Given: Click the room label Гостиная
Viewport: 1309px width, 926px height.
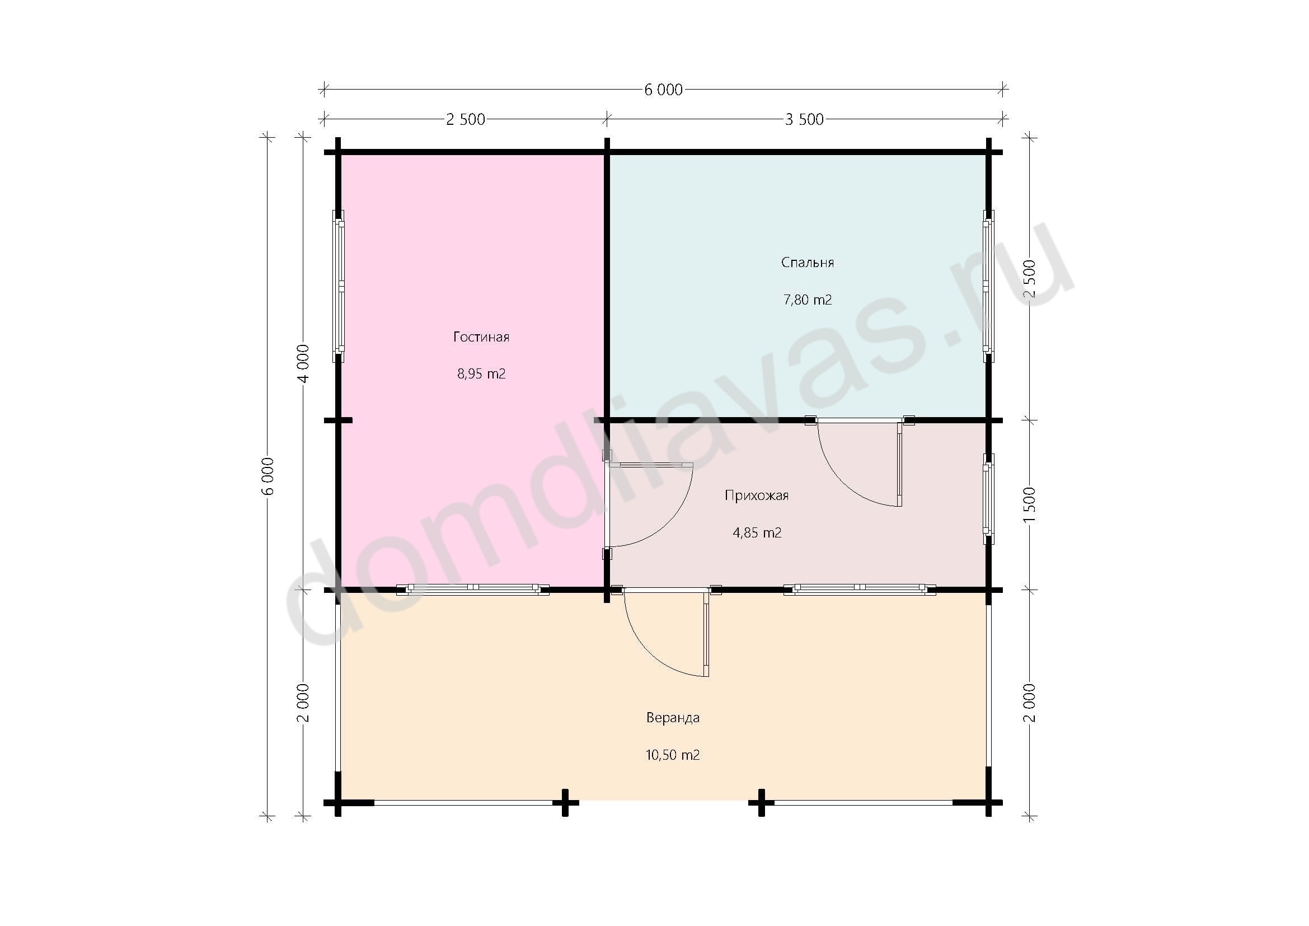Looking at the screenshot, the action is [x=481, y=337].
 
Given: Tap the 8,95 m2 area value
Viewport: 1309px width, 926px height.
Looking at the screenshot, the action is [x=481, y=374].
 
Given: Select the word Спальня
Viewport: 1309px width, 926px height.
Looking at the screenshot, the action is [x=808, y=263].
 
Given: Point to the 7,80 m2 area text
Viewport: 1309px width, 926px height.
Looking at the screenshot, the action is [x=808, y=300].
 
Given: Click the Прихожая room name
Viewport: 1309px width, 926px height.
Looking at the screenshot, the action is [x=757, y=495].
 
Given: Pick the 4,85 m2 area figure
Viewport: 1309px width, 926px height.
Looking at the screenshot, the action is [x=757, y=532].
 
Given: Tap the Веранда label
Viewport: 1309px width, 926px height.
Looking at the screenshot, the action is [x=673, y=718].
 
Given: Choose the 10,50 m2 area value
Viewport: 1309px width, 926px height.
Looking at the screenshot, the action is [x=673, y=755].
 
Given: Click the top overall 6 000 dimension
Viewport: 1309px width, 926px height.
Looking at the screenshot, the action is [x=664, y=90].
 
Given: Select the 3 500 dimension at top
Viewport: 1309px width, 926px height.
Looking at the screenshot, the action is [x=804, y=119].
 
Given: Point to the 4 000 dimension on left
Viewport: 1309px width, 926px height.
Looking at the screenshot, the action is [x=303, y=364].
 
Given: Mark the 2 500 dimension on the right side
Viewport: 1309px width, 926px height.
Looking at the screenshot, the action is [x=1030, y=279].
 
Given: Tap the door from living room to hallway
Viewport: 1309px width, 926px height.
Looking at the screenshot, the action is [x=648, y=504].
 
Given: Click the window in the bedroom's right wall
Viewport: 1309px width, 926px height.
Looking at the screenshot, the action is [x=988, y=286].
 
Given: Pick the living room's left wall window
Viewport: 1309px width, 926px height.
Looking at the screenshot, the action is [x=339, y=286].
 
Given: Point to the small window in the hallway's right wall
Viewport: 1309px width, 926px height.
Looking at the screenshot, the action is [x=988, y=499].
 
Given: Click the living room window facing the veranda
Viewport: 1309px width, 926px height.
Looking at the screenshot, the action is [x=473, y=590].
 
